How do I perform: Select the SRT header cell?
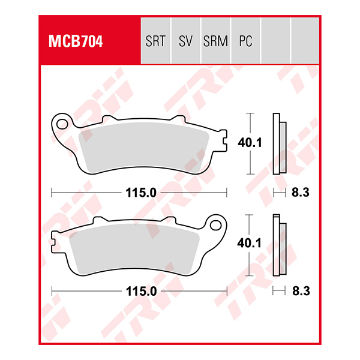click(x=155, y=42)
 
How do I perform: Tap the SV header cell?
click(x=185, y=42)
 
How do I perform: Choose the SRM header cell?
click(x=215, y=42)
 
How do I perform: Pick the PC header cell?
click(x=245, y=42)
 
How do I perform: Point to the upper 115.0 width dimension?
click(x=140, y=193)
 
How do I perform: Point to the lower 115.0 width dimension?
click(x=140, y=292)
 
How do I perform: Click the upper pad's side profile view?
click(x=279, y=143)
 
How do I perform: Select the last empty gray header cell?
click(x=305, y=41)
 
